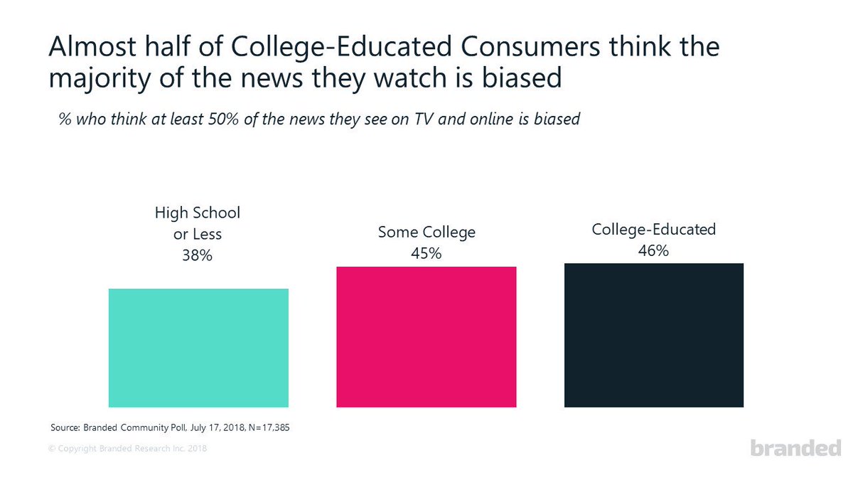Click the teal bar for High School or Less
(x=198, y=348)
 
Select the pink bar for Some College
(x=426, y=337)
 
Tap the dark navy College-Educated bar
(x=653, y=335)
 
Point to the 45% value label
(x=426, y=252)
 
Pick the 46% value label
(x=653, y=250)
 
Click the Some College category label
(x=426, y=233)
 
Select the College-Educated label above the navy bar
(x=653, y=230)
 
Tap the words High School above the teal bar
(x=198, y=213)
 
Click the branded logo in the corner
(x=795, y=449)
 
